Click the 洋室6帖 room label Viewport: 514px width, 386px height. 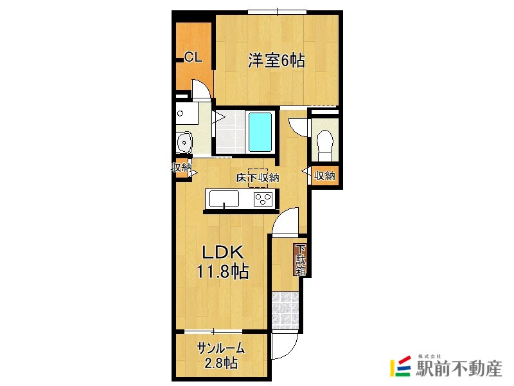coord(276,62)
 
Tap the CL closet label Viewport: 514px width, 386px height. coord(193,57)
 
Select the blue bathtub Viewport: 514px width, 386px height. coord(260,132)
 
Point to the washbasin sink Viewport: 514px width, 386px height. coord(184,142)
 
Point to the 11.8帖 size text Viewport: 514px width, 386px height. coord(222,272)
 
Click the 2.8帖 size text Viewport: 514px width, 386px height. coord(221,363)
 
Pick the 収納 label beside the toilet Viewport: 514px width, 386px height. coord(325,175)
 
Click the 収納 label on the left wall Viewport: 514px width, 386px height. coord(181,168)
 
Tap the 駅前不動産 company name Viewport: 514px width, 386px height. coord(459,369)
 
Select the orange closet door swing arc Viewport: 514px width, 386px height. coord(200,89)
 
